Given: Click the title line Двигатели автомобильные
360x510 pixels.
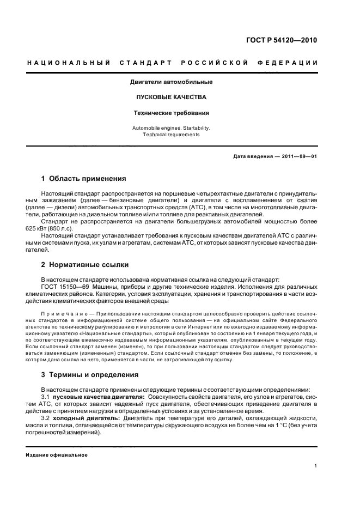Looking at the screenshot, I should pyautogui.click(x=171, y=82).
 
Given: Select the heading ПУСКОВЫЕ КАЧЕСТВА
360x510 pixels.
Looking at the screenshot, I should pyautogui.click(x=171, y=98).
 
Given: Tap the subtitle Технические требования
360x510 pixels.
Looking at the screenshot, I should pyautogui.click(x=171, y=113).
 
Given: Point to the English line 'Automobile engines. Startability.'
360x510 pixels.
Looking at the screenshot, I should pyautogui.click(x=171, y=127).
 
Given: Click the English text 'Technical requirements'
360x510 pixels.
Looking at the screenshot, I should pyautogui.click(x=171, y=135).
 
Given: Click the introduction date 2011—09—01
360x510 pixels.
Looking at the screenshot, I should pyautogui.click(x=298, y=156).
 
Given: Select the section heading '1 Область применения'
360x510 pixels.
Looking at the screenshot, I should pyautogui.click(x=84, y=178).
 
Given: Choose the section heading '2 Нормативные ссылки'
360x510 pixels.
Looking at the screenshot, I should pyautogui.click(x=85, y=265).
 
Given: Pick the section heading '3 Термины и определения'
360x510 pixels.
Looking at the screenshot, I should pyautogui.click(x=90, y=375).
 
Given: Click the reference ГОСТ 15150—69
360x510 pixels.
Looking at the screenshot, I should pyautogui.click(x=65, y=286).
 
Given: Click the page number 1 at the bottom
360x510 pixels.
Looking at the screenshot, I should pyautogui.click(x=316, y=466).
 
